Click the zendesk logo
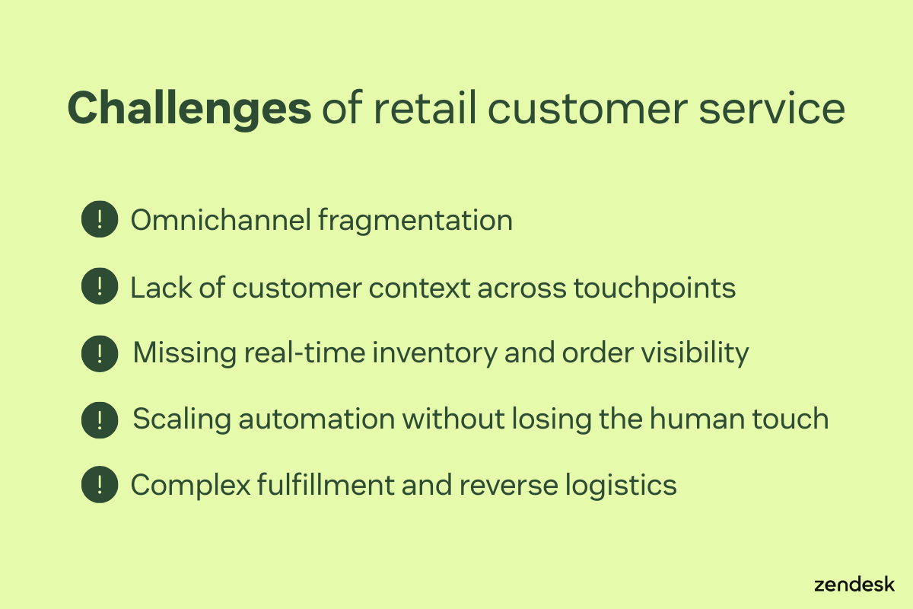click(x=854, y=585)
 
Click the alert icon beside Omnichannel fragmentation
click(x=100, y=220)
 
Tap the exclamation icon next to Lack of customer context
click(x=100, y=287)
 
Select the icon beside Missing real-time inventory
click(x=100, y=353)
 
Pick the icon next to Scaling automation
click(x=100, y=419)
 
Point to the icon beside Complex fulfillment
click(x=100, y=485)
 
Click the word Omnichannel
click(x=221, y=221)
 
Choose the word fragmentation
click(x=415, y=221)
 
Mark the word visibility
click(x=698, y=353)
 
